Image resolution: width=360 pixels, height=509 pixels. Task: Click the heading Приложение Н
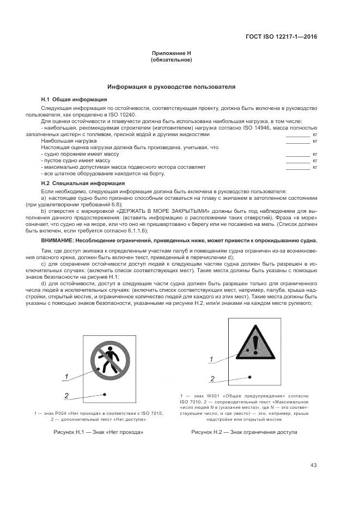[x=171, y=53]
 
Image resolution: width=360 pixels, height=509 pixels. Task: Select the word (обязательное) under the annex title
[x=171, y=59]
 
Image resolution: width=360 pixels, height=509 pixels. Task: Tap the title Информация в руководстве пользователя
[x=171, y=87]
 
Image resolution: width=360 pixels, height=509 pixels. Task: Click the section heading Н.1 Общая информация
[x=74, y=99]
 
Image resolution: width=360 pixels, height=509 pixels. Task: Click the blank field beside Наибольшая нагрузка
[x=298, y=140]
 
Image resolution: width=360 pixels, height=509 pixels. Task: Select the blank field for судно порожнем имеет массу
[x=298, y=154]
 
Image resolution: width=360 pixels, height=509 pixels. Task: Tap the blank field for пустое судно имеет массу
[x=298, y=161]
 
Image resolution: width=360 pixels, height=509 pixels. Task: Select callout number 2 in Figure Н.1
[x=66, y=396]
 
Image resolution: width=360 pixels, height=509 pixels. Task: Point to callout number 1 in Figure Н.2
[x=212, y=359]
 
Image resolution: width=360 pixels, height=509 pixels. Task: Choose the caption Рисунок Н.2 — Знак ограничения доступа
[x=244, y=432]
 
